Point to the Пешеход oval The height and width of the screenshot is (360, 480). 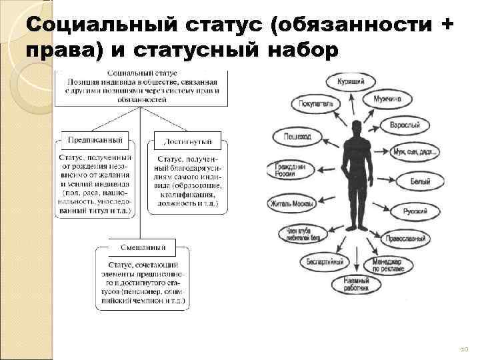[x=296, y=137]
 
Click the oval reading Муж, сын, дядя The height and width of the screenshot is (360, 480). [x=415, y=153]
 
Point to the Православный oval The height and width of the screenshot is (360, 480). [x=405, y=239]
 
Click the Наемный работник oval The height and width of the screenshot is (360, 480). [x=357, y=283]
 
